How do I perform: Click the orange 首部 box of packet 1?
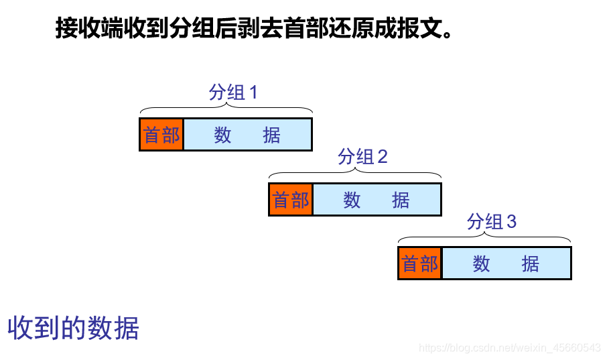[x=161, y=135]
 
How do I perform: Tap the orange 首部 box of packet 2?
[x=291, y=200]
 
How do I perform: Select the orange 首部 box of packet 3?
[x=420, y=263]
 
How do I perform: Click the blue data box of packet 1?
[x=247, y=135]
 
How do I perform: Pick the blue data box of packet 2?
[x=377, y=200]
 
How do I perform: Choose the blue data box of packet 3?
[x=506, y=263]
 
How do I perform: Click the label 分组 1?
[x=232, y=93]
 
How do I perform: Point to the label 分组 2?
[x=362, y=157]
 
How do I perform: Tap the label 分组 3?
[x=492, y=222]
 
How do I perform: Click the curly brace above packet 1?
[x=226, y=109]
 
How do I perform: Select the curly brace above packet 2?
[x=355, y=174]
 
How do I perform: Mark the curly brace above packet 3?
[x=484, y=238]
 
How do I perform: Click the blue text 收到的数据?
[x=73, y=328]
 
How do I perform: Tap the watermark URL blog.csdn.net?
[x=509, y=347]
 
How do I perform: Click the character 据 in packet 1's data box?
[x=271, y=135]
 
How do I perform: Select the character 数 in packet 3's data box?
[x=481, y=263]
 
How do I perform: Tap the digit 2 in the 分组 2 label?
[x=383, y=157]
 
